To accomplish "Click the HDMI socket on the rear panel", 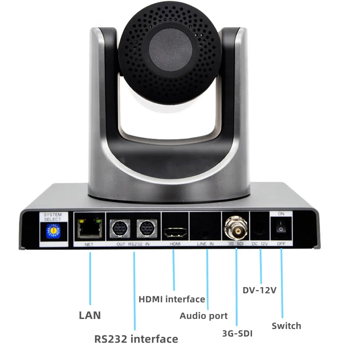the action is [x=175, y=232].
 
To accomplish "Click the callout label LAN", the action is [x=90, y=316].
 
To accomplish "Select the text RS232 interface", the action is [x=136, y=339].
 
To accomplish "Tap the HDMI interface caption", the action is [x=172, y=299].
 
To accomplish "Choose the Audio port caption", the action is [x=204, y=316].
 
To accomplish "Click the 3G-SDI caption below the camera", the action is [x=237, y=333].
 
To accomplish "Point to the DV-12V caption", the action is [x=259, y=290].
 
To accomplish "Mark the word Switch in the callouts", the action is [x=286, y=326].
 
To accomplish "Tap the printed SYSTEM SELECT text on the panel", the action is [x=53, y=217].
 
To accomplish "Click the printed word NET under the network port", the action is [x=89, y=244].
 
